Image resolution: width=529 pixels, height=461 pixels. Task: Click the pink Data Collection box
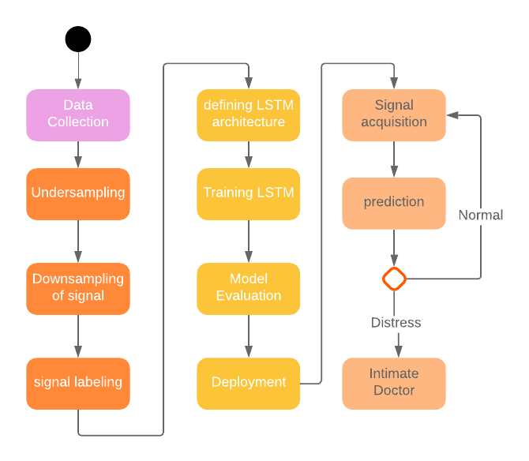coord(78,114)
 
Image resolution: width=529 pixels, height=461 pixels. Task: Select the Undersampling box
coord(78,193)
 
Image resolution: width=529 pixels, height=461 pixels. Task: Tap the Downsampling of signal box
coord(78,288)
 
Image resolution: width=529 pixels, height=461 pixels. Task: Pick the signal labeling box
coord(78,383)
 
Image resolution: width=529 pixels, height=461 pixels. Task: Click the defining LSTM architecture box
coord(249,114)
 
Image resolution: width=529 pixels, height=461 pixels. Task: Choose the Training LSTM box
coord(249,193)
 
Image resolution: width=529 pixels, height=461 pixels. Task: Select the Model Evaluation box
coord(249,288)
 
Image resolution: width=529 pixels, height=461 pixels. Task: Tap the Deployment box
coord(249,383)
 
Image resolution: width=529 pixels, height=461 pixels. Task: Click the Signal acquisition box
coord(394,114)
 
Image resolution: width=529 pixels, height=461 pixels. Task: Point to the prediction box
coord(394,203)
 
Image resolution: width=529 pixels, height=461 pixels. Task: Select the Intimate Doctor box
coord(394,383)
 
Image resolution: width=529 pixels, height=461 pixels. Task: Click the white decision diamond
coord(394,279)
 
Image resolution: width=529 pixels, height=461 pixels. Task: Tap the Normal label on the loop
coord(481,216)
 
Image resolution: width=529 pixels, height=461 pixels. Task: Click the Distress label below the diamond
coord(396,323)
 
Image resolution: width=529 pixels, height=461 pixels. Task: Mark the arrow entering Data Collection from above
coord(78,71)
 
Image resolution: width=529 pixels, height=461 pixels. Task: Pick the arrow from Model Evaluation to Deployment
coord(249,335)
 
